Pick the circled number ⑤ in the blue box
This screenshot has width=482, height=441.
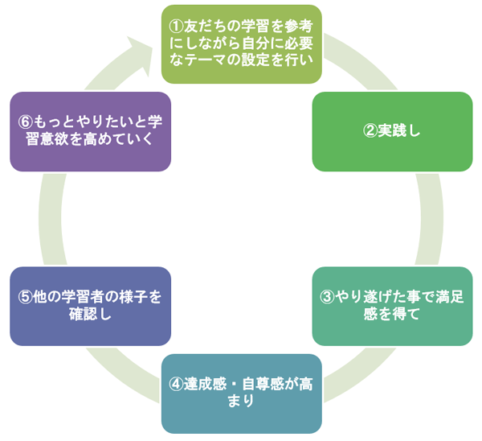[24, 296]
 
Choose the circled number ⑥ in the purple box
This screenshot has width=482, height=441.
[25, 123]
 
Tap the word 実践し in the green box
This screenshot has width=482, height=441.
[399, 132]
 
